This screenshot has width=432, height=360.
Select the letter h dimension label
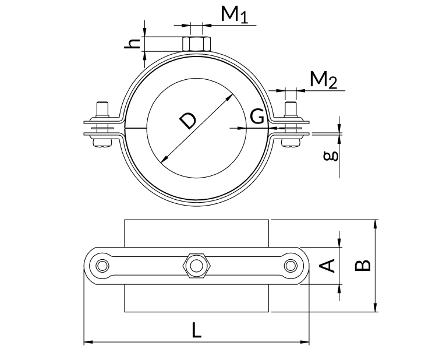click(134, 43)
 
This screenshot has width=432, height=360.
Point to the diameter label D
click(187, 121)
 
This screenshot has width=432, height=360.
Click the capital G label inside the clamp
click(257, 117)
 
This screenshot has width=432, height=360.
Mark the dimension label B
click(362, 266)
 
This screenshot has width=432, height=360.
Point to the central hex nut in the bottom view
click(196, 266)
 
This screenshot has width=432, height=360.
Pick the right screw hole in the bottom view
click(291, 266)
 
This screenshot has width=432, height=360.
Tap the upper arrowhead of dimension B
click(376, 224)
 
